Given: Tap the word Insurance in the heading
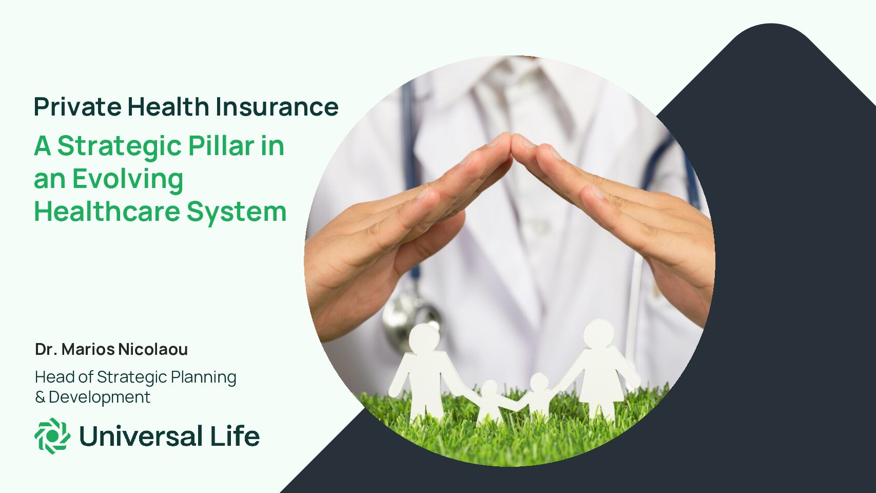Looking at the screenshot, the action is [x=277, y=106].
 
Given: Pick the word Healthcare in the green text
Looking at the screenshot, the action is [x=107, y=211].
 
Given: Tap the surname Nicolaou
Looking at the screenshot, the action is [x=153, y=349].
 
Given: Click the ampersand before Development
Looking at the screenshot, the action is [x=40, y=397].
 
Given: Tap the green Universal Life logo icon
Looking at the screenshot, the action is [x=52, y=436].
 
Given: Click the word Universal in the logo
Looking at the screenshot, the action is [x=141, y=436].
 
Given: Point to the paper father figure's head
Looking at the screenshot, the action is [x=424, y=338].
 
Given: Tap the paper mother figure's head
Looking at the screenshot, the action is [x=599, y=334].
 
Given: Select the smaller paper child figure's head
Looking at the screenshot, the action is [x=489, y=389].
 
